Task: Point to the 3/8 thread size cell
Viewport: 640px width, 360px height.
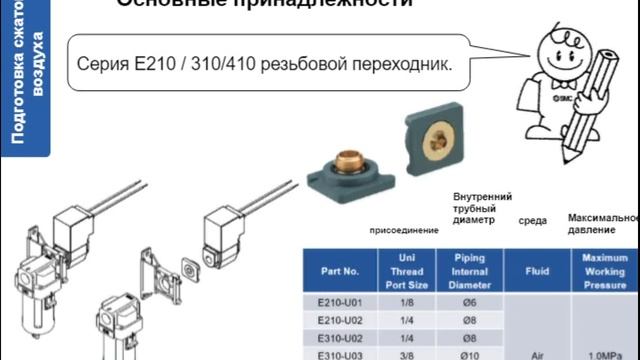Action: pyautogui.click(x=406, y=353)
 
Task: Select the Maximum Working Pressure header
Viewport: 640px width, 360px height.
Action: pyautogui.click(x=604, y=270)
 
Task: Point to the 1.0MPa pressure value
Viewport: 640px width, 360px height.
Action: pyautogui.click(x=605, y=353)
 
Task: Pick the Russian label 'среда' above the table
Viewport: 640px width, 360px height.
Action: pyautogui.click(x=533, y=221)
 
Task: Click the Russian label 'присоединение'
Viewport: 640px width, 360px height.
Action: pyautogui.click(x=404, y=230)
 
